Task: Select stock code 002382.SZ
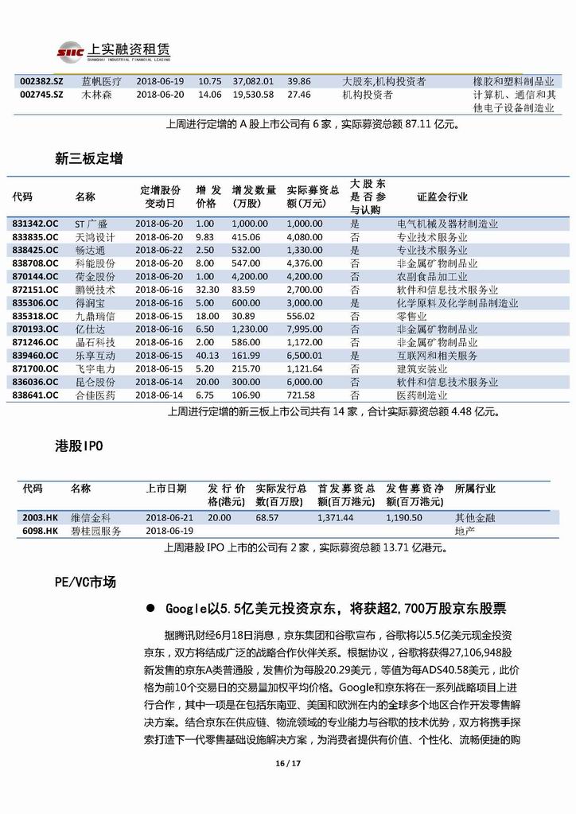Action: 36,81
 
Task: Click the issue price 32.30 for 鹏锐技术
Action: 208,290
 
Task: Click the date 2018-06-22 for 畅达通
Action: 159,251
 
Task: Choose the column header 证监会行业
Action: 442,197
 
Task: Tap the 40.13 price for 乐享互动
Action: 208,355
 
